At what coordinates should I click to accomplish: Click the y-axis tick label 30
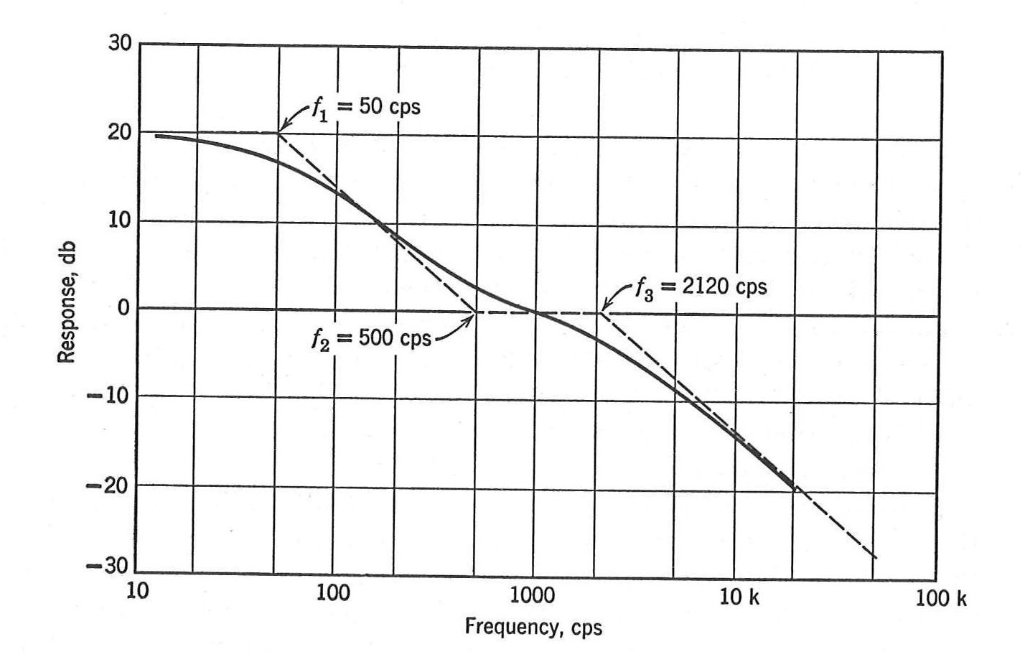pyautogui.click(x=120, y=43)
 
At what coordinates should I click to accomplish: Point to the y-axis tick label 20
pyautogui.click(x=120, y=132)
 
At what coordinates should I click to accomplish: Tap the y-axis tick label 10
pyautogui.click(x=120, y=220)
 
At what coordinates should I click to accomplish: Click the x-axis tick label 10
pyautogui.click(x=137, y=594)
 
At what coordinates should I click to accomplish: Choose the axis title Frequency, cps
pyautogui.click(x=533, y=627)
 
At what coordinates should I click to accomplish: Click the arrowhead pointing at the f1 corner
pyautogui.click(x=280, y=131)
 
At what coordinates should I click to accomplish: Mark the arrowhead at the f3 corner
pyautogui.click(x=604, y=309)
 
